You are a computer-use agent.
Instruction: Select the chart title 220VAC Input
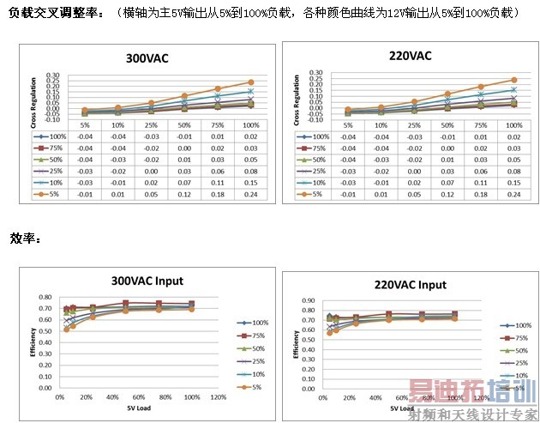point(410,285)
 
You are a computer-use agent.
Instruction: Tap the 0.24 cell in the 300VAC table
point(250,195)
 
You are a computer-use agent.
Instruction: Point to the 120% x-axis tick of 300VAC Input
point(219,398)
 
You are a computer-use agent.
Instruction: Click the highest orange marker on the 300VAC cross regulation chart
point(251,82)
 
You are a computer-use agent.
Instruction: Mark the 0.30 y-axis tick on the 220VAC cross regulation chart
point(315,73)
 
